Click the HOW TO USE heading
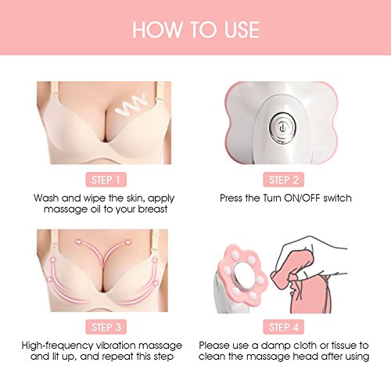[196, 30]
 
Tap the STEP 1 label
[106, 180]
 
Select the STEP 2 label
[283, 180]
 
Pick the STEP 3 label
[106, 327]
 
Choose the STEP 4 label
[283, 327]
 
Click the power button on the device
[282, 128]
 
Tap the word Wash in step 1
[46, 198]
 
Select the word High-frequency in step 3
[57, 346]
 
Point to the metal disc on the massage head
[243, 276]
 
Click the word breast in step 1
[152, 209]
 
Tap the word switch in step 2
[337, 198]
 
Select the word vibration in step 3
[116, 346]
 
